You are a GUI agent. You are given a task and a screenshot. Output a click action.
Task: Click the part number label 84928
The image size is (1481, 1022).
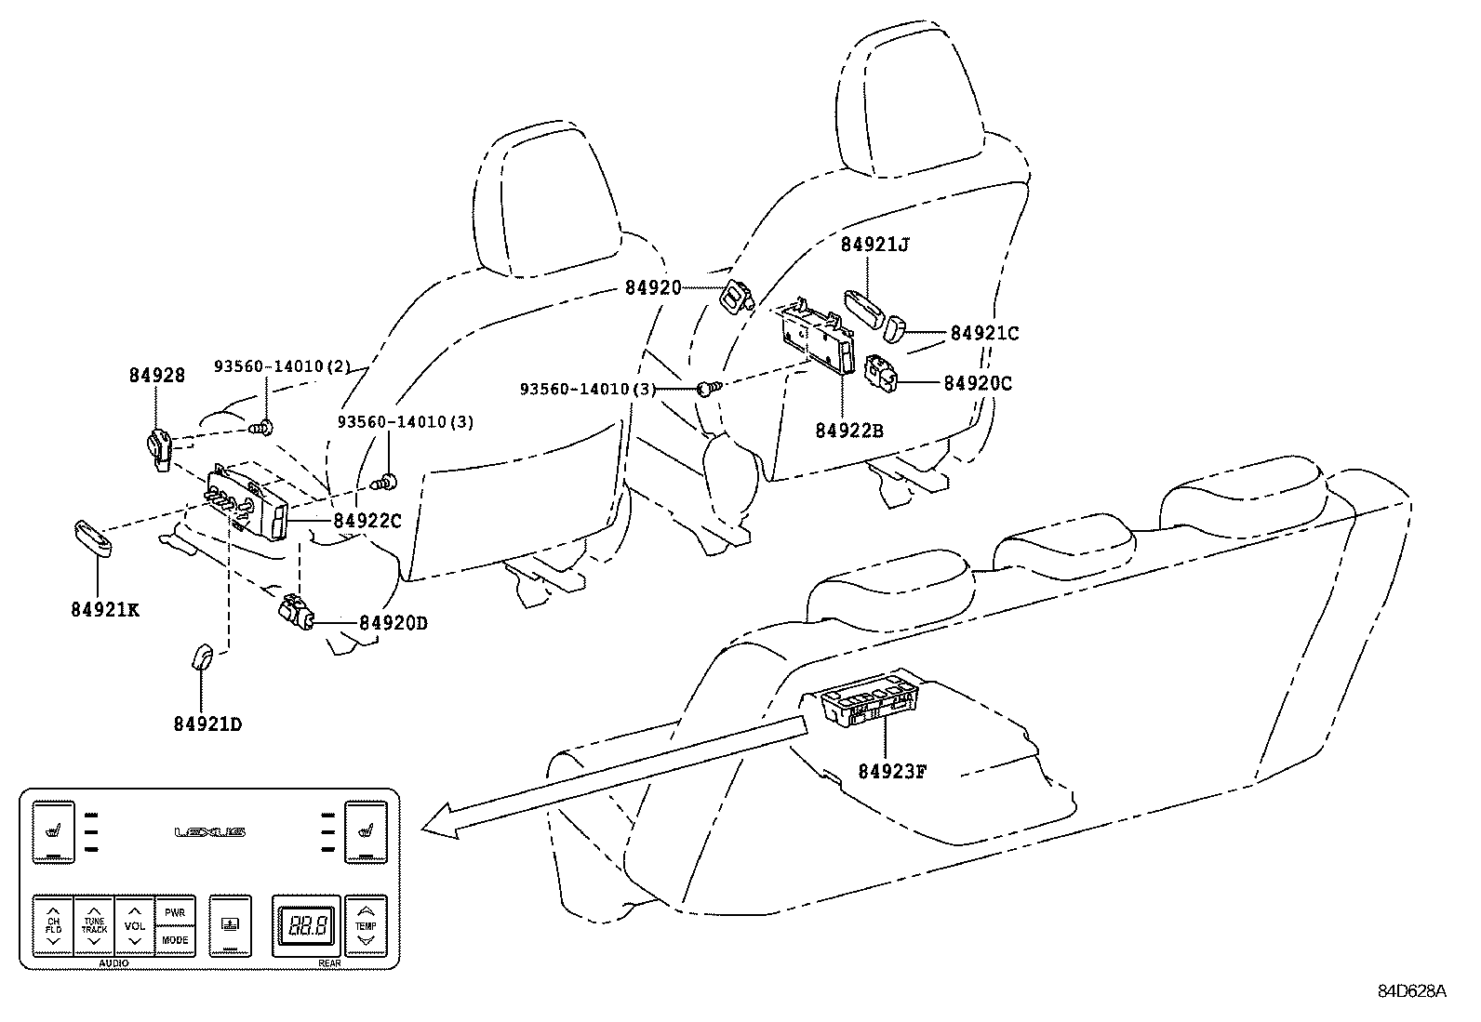coord(156,376)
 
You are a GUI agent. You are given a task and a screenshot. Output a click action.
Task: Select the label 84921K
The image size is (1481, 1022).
coord(104,610)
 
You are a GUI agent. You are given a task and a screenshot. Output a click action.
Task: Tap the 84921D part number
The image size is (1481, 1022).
coord(207,723)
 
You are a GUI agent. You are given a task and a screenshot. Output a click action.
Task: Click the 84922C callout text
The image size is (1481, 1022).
coord(367,521)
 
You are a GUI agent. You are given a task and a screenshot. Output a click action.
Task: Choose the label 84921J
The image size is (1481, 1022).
coord(874,246)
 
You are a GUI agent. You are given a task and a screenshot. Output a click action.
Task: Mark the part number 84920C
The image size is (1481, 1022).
coord(978,383)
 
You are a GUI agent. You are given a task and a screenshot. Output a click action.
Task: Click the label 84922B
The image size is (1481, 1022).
coord(849,431)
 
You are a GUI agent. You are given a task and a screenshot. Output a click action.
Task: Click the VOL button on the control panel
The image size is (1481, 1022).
coord(135,925)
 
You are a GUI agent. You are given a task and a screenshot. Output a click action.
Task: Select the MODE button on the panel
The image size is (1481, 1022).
coord(175,940)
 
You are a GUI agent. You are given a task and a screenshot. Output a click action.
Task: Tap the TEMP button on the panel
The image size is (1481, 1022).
coord(366,925)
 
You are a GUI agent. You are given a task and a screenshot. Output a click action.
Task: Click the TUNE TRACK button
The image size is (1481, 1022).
coord(94,925)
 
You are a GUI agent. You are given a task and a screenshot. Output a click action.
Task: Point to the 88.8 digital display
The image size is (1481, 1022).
coord(306,926)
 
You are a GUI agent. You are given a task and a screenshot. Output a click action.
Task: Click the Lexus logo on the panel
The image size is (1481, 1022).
coord(210,832)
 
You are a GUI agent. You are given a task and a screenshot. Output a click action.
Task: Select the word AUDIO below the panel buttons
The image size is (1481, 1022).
coord(113,964)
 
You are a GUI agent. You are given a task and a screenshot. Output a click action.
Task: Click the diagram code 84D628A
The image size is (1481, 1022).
coord(1412,991)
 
